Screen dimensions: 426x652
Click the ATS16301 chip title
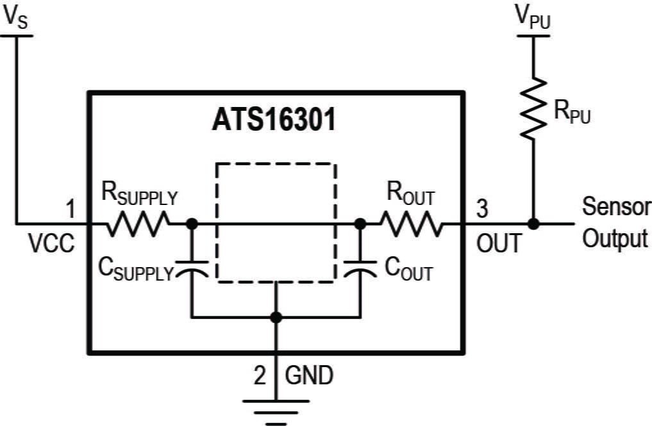[274, 121]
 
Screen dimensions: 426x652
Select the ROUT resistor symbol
[410, 224]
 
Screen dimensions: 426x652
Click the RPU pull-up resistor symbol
[533, 109]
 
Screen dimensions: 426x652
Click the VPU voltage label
[533, 19]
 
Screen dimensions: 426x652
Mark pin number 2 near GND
[259, 375]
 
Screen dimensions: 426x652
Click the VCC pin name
[51, 243]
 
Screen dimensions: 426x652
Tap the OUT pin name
[499, 243]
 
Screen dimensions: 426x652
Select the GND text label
[309, 375]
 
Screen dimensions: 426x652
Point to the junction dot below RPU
[533, 224]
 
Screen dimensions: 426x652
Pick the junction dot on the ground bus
[276, 316]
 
